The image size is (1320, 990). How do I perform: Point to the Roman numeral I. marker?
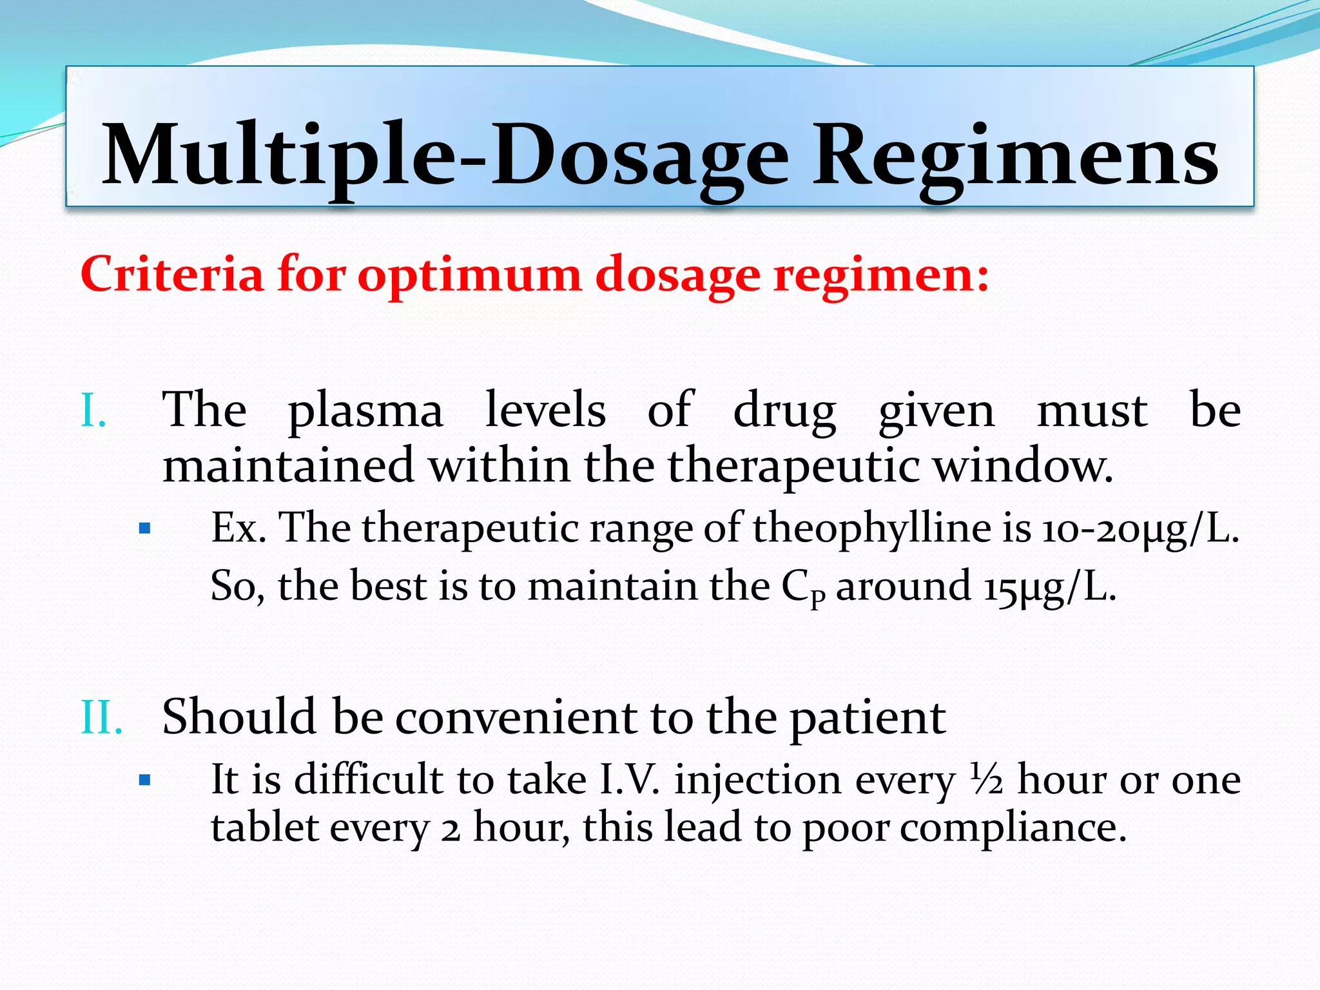(93, 411)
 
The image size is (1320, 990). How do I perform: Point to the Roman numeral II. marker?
(102, 717)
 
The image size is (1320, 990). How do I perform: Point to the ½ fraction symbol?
(985, 779)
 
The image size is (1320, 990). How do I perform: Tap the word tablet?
(264, 828)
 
